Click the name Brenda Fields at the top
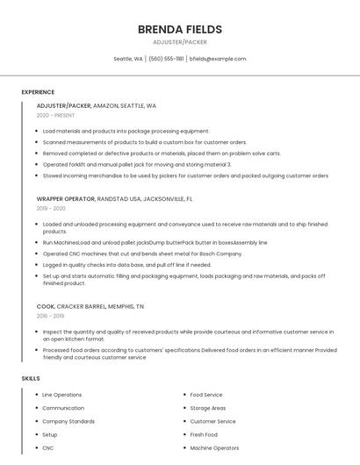click(179, 29)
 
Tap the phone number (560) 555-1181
click(166, 59)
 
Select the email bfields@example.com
click(218, 59)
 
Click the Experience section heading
click(38, 92)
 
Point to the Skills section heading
click(31, 378)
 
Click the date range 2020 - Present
click(55, 115)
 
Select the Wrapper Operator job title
click(66, 199)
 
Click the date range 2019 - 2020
click(51, 209)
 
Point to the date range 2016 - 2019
click(50, 316)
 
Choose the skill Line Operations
click(61, 395)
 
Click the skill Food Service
click(206, 395)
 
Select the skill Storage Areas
click(208, 408)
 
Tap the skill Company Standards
click(68, 421)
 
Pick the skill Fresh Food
click(204, 434)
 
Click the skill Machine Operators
click(214, 447)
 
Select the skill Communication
click(63, 408)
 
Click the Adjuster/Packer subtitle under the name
click(179, 42)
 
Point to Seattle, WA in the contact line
click(128, 59)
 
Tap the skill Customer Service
click(212, 421)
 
